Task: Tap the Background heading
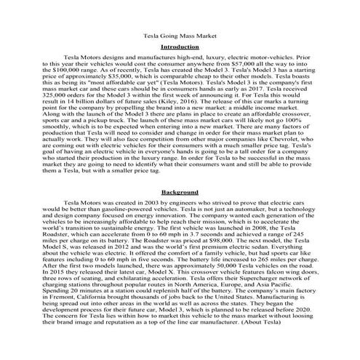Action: (x=179, y=191)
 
